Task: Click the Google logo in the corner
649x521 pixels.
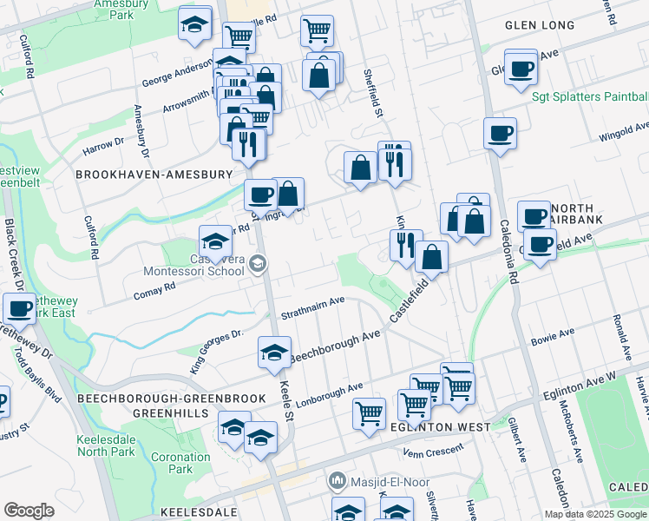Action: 29,511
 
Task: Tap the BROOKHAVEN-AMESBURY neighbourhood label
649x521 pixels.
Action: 154,175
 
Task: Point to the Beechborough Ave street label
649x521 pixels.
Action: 335,346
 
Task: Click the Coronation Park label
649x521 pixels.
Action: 180,463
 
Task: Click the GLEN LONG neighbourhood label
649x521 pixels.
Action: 540,25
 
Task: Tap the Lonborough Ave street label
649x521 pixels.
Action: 329,392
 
